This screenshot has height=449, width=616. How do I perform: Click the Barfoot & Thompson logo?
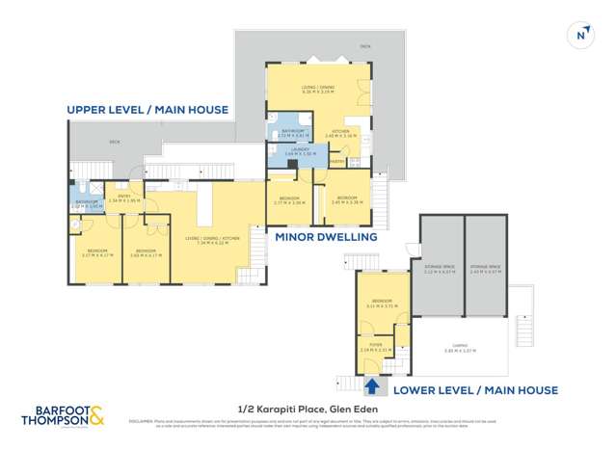pos(63,417)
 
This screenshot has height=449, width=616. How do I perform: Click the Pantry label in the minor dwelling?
pos(335,161)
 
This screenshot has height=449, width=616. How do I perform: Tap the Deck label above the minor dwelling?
pos(364,44)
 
